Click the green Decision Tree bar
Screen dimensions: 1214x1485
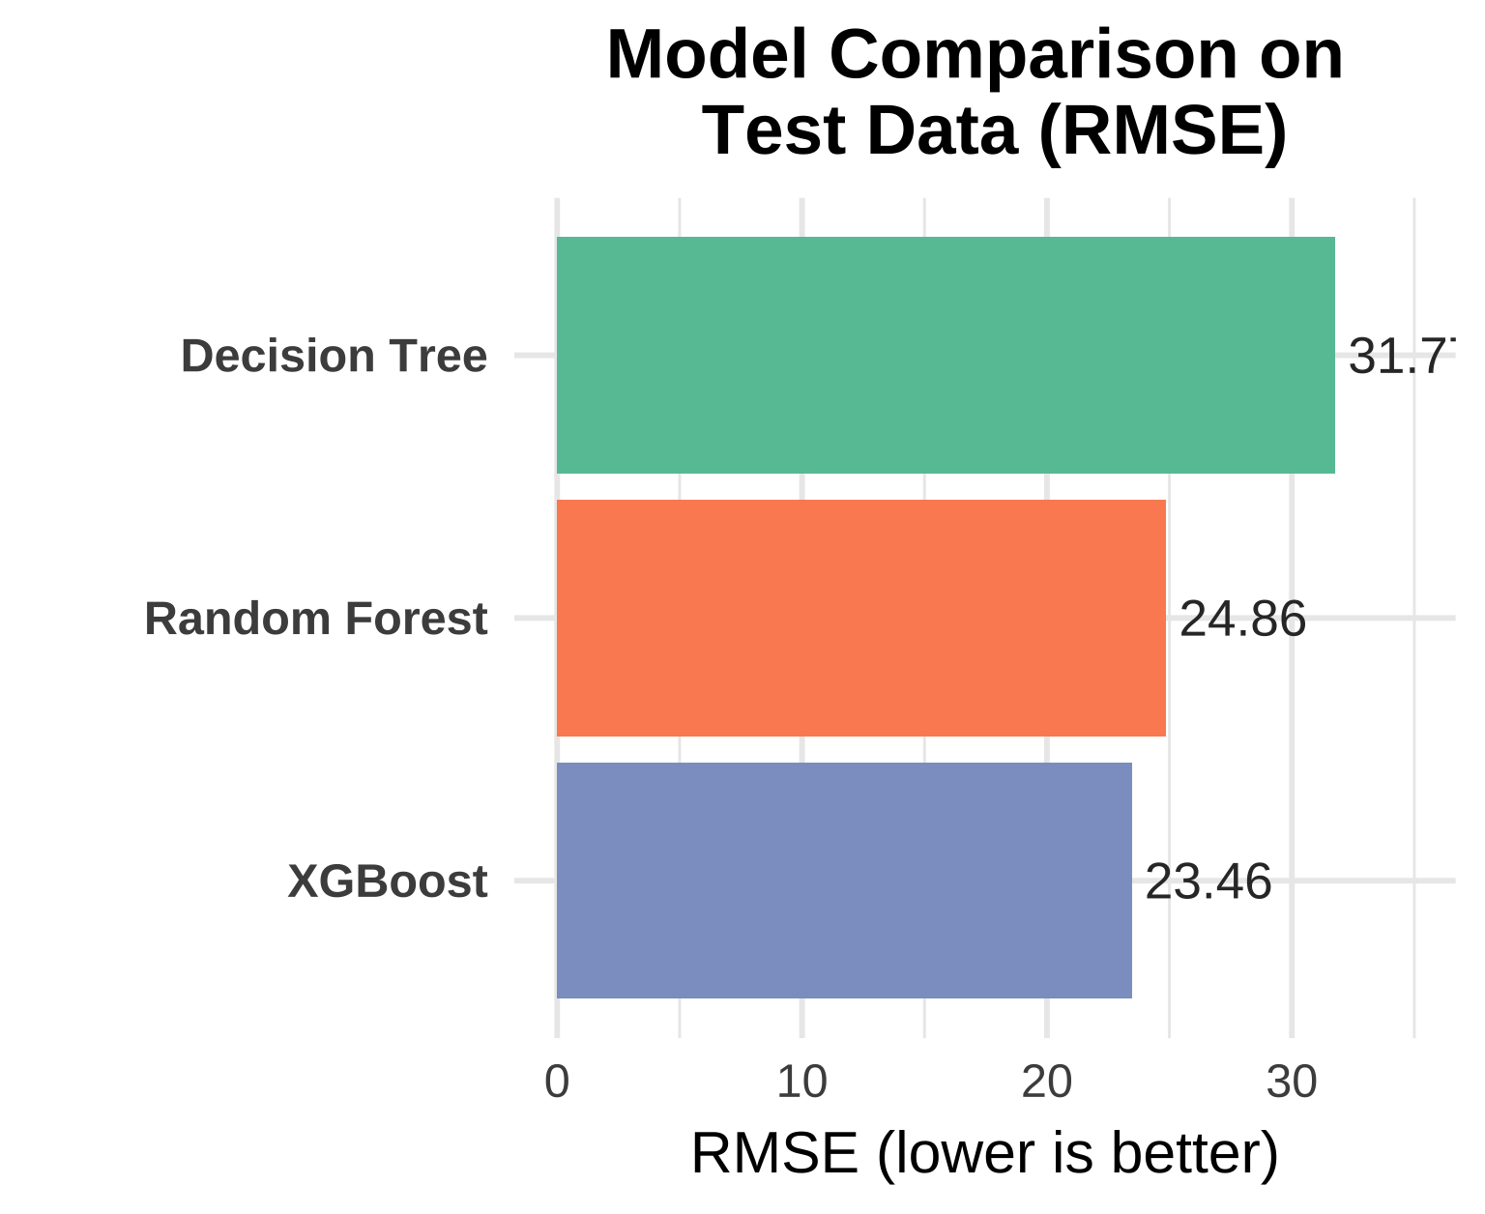(x=945, y=355)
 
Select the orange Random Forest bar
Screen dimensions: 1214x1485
(x=860, y=618)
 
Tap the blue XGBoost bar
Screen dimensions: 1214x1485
(x=843, y=880)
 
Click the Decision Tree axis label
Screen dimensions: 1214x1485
(x=334, y=356)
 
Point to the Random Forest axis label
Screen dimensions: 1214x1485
(x=315, y=619)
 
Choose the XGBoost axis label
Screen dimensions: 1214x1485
(x=387, y=882)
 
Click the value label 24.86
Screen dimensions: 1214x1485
(x=1242, y=619)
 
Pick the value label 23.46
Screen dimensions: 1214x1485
(x=1208, y=882)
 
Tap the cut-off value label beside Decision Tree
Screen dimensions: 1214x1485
(x=1401, y=357)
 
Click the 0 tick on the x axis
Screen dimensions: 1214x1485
(x=557, y=1083)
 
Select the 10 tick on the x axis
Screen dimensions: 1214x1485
(x=801, y=1083)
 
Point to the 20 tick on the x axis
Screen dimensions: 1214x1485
(x=1046, y=1083)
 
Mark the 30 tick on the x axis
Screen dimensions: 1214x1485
(x=1292, y=1083)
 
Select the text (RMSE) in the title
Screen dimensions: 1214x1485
(x=1162, y=131)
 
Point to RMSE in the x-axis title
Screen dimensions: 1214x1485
(x=773, y=1153)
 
